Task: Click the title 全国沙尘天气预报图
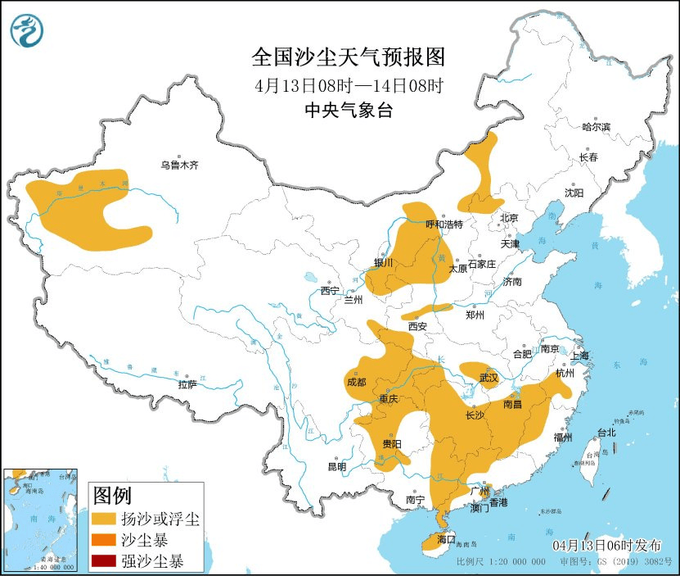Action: coord(348,57)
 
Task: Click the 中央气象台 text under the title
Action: coord(348,111)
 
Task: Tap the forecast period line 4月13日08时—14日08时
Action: coord(348,85)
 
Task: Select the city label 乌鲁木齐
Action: coord(179,166)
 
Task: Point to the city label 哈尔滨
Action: coord(596,127)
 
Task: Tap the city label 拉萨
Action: coord(187,384)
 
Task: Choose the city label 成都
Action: coord(356,381)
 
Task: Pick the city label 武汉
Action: coord(489,378)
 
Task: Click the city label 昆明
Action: coord(336,466)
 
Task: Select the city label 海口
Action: coord(445,541)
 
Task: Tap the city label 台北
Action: coord(606,432)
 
